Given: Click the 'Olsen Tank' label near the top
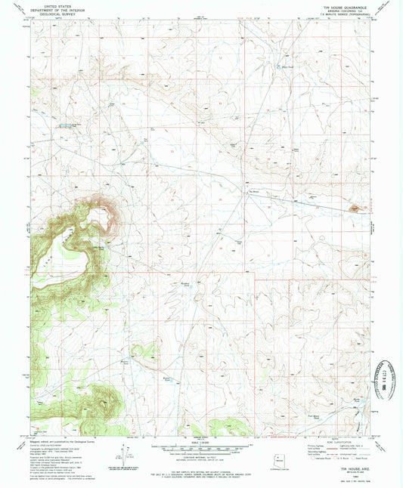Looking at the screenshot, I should [x=287, y=66].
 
